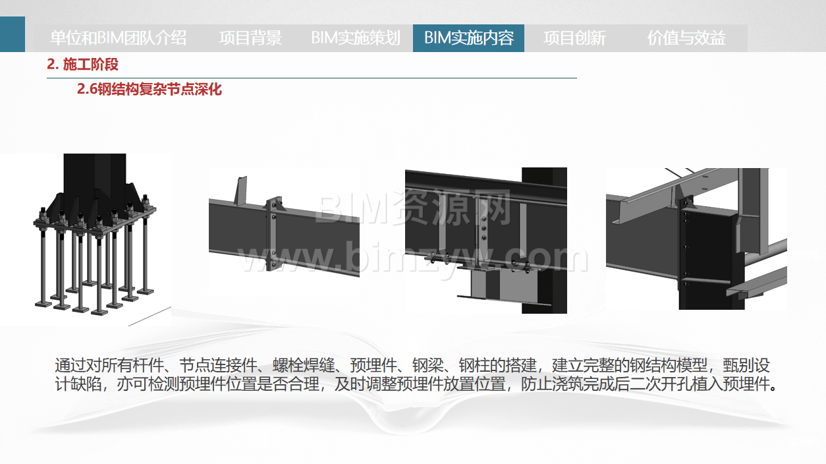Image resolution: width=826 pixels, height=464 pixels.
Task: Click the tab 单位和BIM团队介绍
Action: click(x=118, y=38)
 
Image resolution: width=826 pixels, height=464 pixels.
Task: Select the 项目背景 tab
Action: click(x=250, y=38)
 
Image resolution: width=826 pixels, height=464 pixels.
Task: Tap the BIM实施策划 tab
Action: click(x=356, y=38)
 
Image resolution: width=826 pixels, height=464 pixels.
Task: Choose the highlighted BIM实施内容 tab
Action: click(x=468, y=38)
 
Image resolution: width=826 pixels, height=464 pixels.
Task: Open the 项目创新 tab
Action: click(x=574, y=38)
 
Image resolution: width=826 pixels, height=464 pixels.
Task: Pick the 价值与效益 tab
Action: click(x=686, y=38)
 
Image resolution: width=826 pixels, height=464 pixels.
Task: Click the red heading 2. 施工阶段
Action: click(x=82, y=65)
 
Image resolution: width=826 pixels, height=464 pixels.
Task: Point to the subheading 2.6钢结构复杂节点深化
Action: click(x=150, y=89)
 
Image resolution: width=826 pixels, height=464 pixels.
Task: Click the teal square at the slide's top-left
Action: click(x=13, y=34)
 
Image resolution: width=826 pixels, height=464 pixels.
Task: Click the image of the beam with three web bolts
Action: click(x=486, y=241)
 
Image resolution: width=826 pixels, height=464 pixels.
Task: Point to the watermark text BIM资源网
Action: click(x=413, y=208)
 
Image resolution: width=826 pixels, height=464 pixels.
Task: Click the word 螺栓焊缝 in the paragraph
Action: click(x=304, y=366)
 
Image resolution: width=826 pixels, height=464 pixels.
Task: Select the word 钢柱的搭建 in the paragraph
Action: click(x=497, y=366)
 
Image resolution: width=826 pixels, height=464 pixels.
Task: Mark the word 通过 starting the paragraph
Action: click(x=70, y=366)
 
